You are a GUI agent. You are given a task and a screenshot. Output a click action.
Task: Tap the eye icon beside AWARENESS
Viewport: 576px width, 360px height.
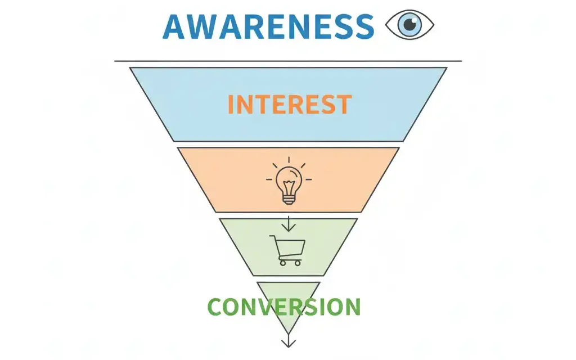pyautogui.click(x=409, y=25)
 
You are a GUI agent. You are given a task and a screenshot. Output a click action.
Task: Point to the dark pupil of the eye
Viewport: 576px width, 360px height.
pyautogui.click(x=410, y=25)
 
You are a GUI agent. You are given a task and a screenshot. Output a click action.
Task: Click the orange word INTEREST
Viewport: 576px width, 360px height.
pyautogui.click(x=290, y=104)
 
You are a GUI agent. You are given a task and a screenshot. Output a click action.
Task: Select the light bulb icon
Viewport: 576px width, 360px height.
pyautogui.click(x=289, y=181)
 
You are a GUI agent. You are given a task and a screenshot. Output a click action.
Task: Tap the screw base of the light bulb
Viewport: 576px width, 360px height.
pyautogui.click(x=289, y=199)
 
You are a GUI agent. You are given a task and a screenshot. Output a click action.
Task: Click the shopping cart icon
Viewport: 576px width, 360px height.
pyautogui.click(x=287, y=250)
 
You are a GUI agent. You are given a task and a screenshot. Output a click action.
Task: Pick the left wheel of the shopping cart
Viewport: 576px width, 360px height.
pyautogui.click(x=282, y=263)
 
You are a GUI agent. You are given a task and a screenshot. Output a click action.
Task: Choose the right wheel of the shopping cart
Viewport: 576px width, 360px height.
pyautogui.click(x=298, y=263)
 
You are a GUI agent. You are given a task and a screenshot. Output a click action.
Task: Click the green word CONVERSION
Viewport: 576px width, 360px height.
pyautogui.click(x=284, y=307)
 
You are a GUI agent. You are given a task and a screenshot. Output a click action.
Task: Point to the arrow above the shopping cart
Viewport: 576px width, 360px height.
pyautogui.click(x=289, y=223)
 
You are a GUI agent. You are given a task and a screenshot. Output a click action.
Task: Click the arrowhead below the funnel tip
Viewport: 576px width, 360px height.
pyautogui.click(x=289, y=344)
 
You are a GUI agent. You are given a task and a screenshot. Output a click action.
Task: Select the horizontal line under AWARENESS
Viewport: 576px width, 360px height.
pyautogui.click(x=288, y=61)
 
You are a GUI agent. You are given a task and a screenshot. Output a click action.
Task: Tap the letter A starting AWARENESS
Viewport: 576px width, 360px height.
pyautogui.click(x=174, y=26)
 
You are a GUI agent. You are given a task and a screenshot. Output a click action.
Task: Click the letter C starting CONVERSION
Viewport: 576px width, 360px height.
pyautogui.click(x=216, y=307)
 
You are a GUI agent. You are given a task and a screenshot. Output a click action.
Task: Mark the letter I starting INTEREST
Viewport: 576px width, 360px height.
pyautogui.click(x=230, y=104)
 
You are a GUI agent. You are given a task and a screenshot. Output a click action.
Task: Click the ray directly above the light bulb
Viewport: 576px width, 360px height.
pyautogui.click(x=289, y=160)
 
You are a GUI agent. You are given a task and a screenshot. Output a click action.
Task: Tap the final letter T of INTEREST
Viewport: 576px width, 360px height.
pyautogui.click(x=344, y=104)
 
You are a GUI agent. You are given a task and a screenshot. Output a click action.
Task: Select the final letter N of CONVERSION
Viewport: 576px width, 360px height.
pyautogui.click(x=352, y=307)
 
